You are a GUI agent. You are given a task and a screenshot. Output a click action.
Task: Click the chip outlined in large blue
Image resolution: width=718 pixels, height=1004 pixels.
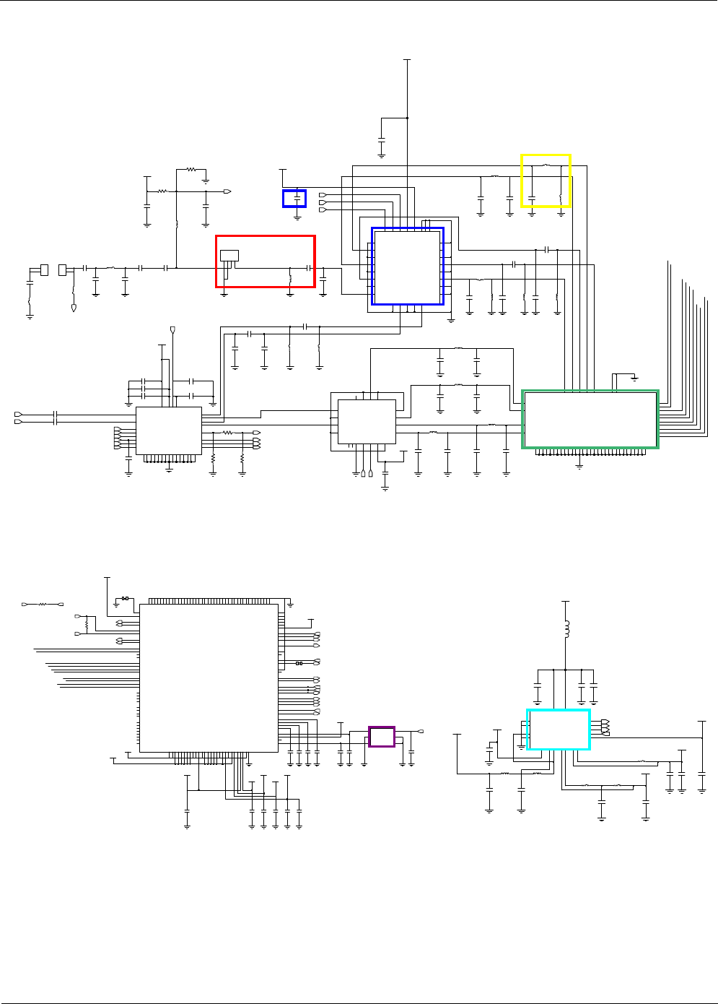tap(408, 267)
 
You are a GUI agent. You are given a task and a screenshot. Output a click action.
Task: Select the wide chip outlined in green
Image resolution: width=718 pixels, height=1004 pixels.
tap(590, 420)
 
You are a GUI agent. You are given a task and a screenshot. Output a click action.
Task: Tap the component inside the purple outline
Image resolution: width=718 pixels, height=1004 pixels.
tap(382, 737)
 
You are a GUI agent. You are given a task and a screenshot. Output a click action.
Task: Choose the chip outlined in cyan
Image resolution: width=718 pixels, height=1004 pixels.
tap(559, 730)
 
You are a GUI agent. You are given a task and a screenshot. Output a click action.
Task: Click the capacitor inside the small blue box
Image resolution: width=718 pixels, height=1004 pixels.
tap(297, 197)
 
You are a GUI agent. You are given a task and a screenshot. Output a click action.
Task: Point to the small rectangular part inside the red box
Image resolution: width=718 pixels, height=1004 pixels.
tap(229, 255)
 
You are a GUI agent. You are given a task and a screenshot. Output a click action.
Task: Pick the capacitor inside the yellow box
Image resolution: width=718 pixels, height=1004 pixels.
tap(532, 196)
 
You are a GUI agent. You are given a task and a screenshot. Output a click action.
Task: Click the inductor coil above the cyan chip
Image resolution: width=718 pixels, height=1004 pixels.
tap(566, 629)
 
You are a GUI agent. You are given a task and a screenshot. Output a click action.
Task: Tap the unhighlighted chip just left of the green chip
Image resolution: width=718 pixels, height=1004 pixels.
tap(367, 422)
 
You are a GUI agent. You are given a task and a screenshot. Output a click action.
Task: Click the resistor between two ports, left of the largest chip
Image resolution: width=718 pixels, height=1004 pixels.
tap(42, 603)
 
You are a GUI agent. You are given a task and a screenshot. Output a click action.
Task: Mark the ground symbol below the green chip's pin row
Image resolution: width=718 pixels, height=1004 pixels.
tap(579, 467)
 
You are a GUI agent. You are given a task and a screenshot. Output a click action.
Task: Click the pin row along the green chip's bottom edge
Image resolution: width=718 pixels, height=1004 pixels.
tap(590, 454)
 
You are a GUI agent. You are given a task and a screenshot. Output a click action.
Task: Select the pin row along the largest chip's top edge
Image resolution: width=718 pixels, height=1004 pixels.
tap(209, 601)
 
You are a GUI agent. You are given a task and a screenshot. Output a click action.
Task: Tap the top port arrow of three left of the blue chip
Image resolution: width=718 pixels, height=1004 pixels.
tap(322, 195)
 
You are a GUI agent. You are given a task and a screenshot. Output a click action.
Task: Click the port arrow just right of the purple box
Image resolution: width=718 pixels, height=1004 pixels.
tap(420, 732)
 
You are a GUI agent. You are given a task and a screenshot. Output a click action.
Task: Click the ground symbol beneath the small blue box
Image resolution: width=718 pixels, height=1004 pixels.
tap(297, 216)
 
